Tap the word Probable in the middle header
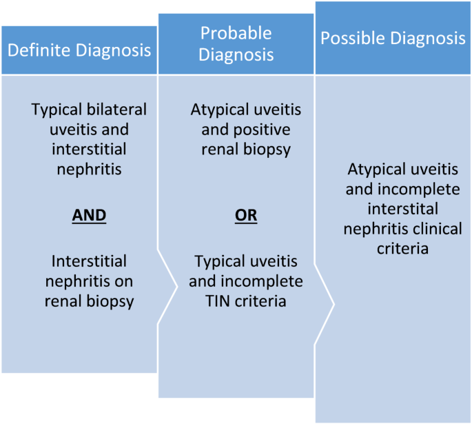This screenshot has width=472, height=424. coord(236,33)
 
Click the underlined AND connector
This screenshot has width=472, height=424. coord(90,215)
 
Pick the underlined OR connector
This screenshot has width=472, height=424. coord(246,215)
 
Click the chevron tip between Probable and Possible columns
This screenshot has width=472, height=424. coord(334,303)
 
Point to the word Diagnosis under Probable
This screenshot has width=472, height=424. coord(236,54)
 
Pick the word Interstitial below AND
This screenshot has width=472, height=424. coord(90,261)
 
